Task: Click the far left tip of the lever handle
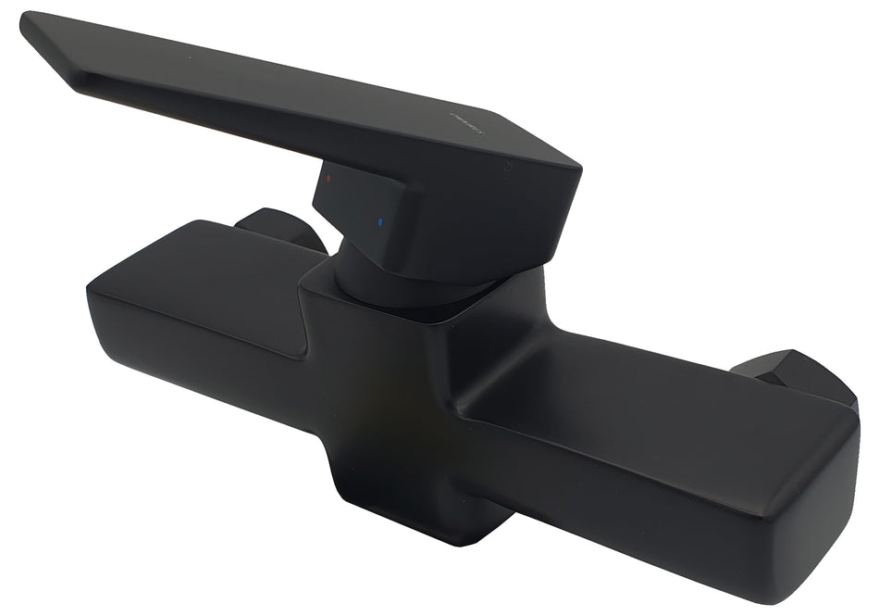click(25, 20)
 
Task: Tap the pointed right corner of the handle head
click(577, 172)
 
